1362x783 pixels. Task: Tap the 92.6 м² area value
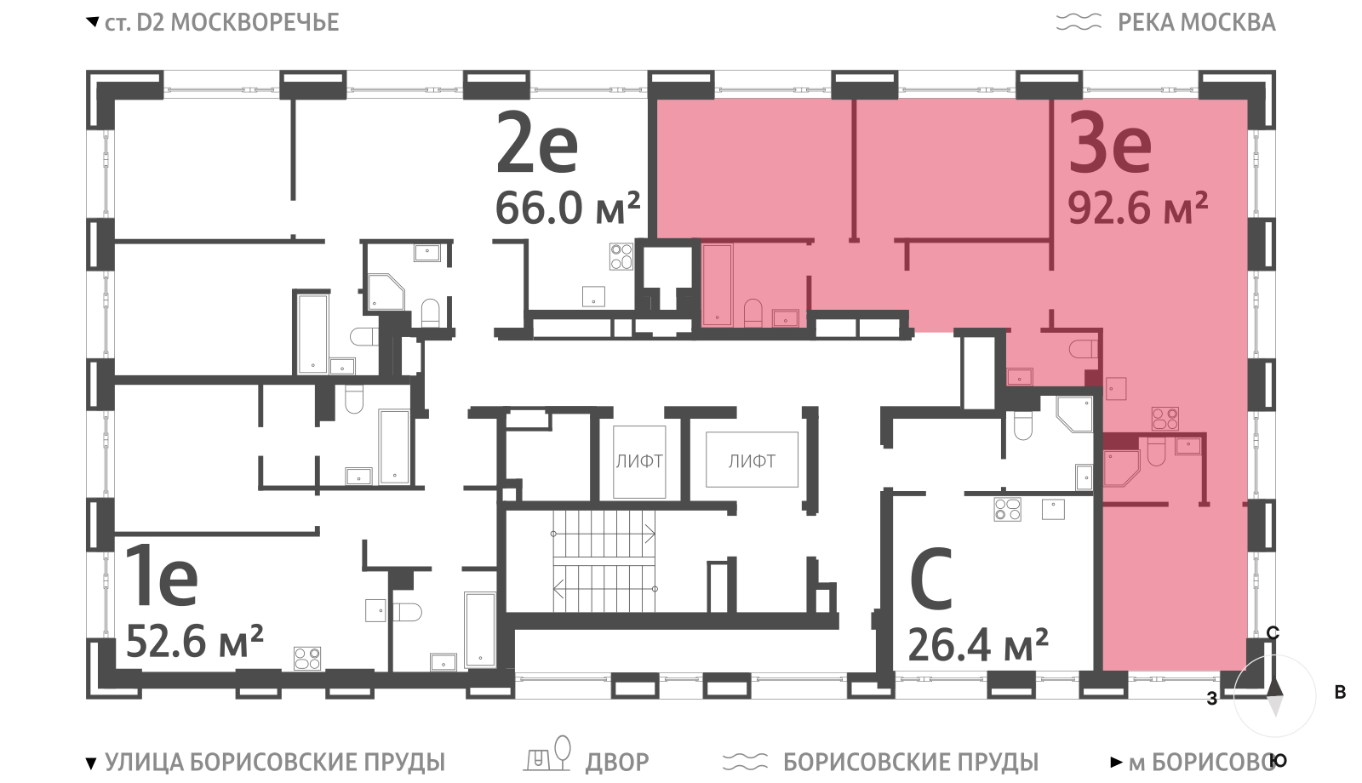click(1137, 209)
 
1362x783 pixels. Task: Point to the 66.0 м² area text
click(568, 208)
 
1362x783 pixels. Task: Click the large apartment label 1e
click(162, 578)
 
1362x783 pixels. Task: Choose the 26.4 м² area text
click(978, 645)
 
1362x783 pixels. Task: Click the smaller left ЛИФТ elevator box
click(639, 461)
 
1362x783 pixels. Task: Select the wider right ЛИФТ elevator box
click(753, 460)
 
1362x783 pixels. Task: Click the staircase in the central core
click(604, 561)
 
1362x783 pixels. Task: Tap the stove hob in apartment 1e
click(307, 659)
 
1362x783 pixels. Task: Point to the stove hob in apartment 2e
click(621, 256)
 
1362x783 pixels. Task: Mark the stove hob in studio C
click(1008, 510)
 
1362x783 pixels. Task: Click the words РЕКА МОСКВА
click(1197, 22)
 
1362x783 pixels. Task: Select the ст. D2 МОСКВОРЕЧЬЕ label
click(222, 22)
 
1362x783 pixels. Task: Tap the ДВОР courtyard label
click(617, 763)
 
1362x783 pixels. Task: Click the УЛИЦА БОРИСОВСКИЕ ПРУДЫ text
click(276, 763)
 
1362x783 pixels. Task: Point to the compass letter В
click(1340, 693)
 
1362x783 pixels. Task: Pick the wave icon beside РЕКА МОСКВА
click(1079, 22)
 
